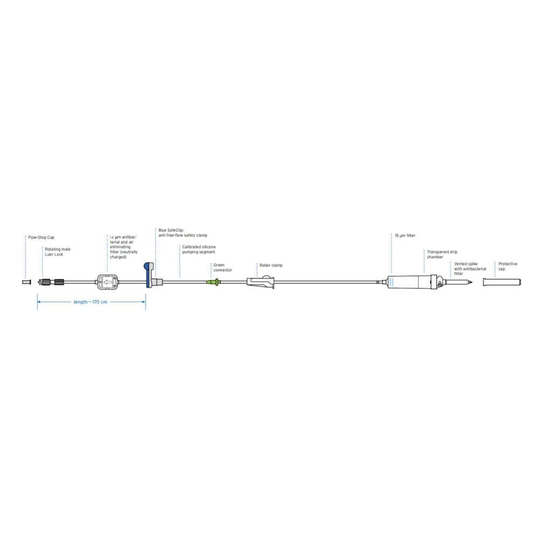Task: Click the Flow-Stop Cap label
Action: pos(42,237)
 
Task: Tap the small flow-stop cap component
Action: pos(26,282)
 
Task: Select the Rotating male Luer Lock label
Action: pos(58,252)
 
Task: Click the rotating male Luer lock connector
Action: pos(51,282)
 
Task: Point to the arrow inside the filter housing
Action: pos(108,282)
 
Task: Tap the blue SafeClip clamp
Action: pos(149,275)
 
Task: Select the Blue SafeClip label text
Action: pos(183,233)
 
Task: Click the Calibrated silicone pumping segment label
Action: pos(199,249)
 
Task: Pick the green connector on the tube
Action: pos(213,282)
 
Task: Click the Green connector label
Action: pos(223,267)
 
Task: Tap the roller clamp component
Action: pos(261,281)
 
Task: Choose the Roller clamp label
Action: pos(271,265)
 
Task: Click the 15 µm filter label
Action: pos(405,236)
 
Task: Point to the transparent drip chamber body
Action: pos(409,282)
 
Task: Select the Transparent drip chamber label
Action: pos(442,254)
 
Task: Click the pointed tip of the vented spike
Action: pos(472,282)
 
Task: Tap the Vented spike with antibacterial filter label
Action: pos(470,268)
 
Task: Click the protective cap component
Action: pos(502,282)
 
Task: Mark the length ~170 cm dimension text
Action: pos(91,302)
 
